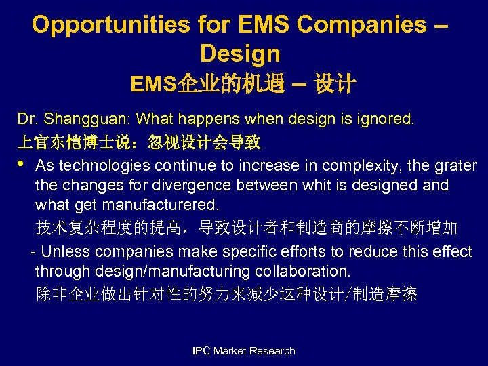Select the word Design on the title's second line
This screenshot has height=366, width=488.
pyautogui.click(x=240, y=53)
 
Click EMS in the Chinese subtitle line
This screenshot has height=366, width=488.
pyautogui.click(x=153, y=84)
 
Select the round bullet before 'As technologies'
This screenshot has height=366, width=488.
pyautogui.click(x=21, y=164)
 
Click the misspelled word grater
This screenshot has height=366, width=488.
pyautogui.click(x=457, y=166)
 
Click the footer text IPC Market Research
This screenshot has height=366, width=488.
pyautogui.click(x=243, y=351)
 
